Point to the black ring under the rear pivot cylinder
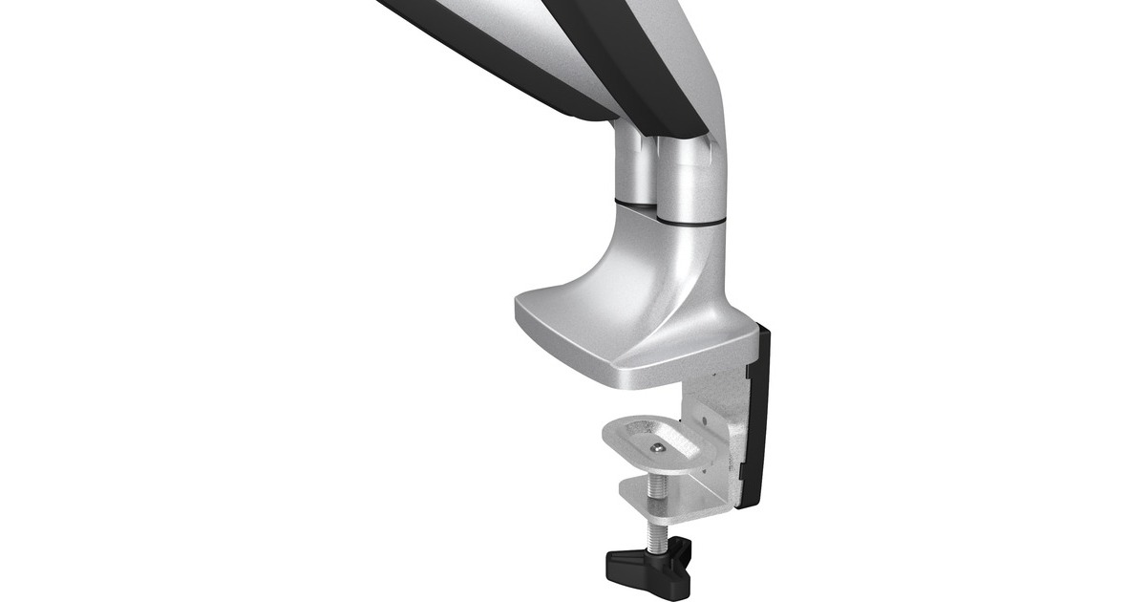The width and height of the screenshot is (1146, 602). [x=632, y=201]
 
